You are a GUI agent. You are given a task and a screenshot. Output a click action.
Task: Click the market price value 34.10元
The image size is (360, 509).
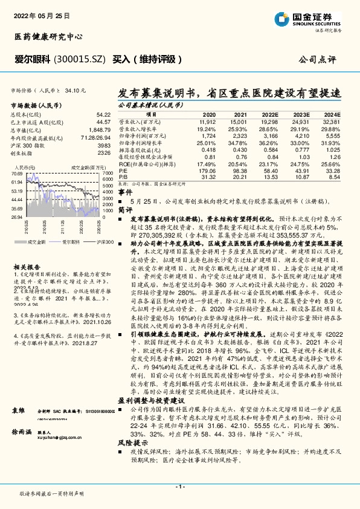[x=75, y=89]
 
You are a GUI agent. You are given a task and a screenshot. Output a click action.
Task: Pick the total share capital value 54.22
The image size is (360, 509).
[x=103, y=114]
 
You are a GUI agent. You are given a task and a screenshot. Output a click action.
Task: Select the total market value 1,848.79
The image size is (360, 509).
[x=99, y=131]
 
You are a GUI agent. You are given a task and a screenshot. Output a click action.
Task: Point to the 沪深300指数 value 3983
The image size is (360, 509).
[x=103, y=146]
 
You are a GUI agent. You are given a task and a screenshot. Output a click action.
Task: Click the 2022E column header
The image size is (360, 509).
[x=271, y=114]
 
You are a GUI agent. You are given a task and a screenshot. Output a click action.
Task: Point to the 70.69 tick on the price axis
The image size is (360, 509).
[x=17, y=173]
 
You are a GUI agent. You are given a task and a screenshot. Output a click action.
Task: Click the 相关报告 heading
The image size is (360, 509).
[x=27, y=267]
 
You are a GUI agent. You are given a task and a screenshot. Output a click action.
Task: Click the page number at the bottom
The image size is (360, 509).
[x=179, y=487]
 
